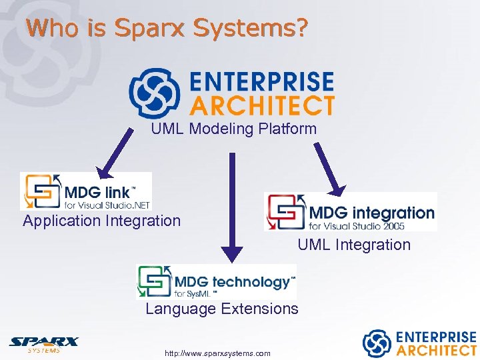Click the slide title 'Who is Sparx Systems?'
167,28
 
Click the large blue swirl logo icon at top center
154,93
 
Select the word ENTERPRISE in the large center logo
261,82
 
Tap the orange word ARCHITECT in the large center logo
261,105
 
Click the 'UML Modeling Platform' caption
233,129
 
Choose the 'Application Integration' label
101,221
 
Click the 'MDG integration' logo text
371,213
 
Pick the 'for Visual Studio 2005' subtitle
364,226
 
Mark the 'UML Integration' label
354,245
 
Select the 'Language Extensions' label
221,309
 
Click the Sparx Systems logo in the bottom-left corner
43,344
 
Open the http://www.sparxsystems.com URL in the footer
218,353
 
